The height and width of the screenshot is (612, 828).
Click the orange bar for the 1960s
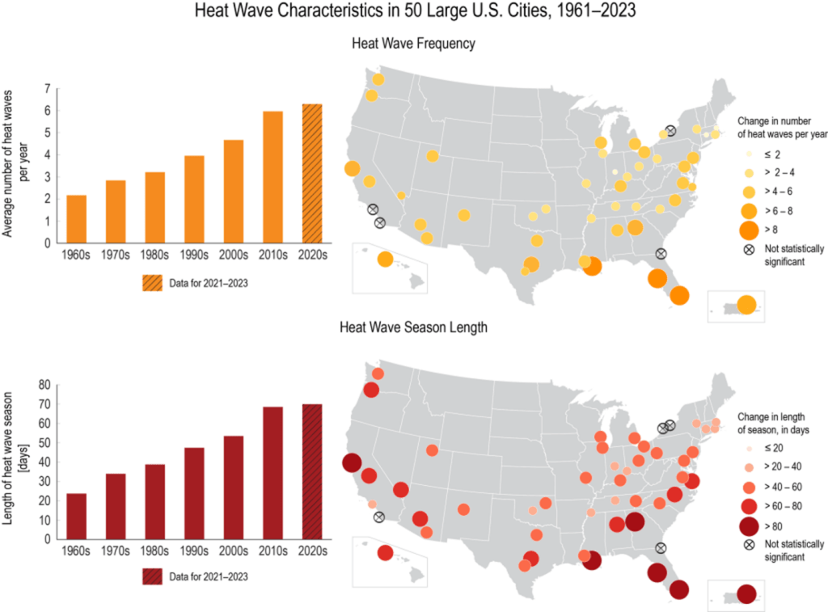point(77,219)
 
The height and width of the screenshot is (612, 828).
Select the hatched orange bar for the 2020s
point(312,174)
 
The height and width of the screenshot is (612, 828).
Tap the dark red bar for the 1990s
point(194,493)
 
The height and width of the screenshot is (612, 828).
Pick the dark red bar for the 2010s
point(273,473)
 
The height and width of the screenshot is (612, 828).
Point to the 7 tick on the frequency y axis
point(48,89)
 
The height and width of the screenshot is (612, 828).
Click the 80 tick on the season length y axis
point(44,385)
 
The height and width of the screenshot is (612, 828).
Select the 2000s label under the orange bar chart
point(234,255)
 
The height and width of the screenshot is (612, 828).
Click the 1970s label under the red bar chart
point(115,551)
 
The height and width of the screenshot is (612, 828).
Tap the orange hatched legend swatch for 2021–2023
point(153,283)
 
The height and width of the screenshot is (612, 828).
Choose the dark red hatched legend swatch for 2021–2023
point(153,576)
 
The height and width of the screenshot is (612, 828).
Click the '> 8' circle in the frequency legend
point(749,230)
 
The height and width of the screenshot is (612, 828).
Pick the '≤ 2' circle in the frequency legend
point(749,154)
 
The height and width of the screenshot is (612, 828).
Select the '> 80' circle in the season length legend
point(749,526)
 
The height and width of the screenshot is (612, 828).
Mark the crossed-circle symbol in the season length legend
point(749,545)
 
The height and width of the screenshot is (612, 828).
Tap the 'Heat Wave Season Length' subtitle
point(413,327)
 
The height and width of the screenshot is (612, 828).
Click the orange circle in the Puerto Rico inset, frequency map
point(746,305)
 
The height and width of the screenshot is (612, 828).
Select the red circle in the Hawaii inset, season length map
point(386,553)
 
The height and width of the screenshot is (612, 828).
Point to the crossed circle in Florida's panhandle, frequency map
point(661,254)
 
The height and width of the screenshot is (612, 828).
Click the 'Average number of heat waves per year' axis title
point(15,163)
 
